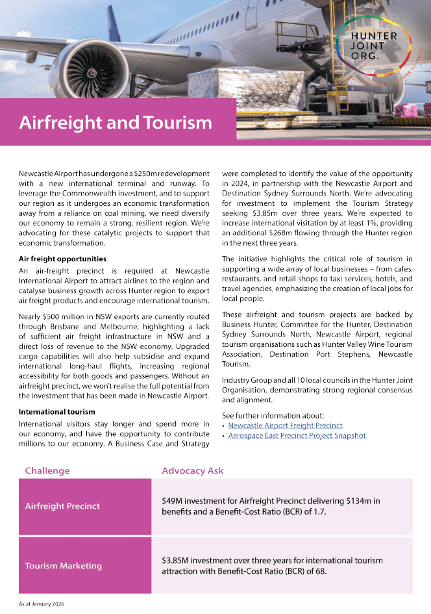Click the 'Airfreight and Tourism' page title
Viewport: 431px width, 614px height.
116,122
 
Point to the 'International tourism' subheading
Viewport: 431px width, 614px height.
56,411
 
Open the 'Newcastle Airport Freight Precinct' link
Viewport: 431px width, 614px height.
285,426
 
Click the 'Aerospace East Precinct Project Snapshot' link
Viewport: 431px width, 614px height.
297,436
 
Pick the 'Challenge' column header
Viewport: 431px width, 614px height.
47,470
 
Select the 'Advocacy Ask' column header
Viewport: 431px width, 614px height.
192,470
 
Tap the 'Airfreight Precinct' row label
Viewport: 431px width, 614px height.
62,506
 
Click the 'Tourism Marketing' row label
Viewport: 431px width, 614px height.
63,565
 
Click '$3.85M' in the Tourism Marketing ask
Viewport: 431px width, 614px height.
176,560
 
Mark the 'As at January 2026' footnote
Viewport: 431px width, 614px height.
41,604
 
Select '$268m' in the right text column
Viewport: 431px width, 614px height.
306,232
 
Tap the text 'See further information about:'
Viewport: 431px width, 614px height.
273,415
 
